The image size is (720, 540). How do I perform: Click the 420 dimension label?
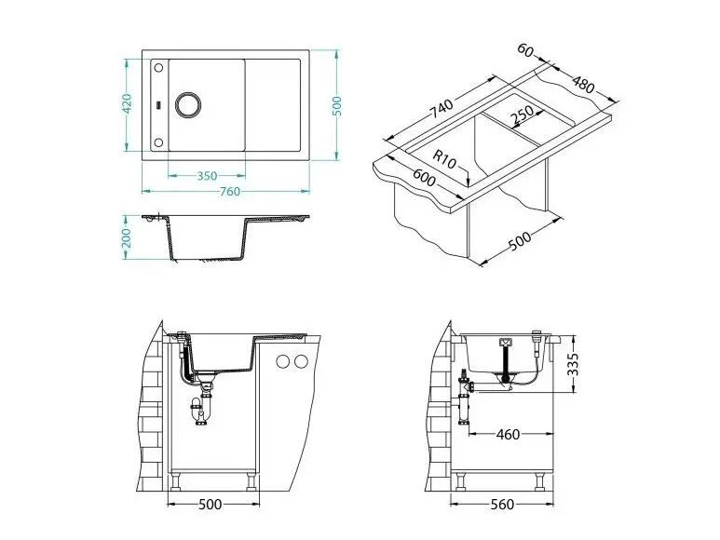click(128, 103)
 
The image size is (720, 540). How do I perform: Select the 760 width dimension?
click(230, 191)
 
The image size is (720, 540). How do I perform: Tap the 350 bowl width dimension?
click(207, 176)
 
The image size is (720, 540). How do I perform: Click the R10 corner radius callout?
click(444, 159)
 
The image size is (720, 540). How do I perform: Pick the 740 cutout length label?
click(441, 108)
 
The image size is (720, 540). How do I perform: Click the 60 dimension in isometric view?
click(525, 50)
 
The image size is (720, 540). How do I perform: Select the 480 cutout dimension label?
click(583, 84)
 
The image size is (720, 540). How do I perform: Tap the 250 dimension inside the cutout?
click(522, 116)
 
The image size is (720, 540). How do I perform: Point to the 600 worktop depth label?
click(424, 178)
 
